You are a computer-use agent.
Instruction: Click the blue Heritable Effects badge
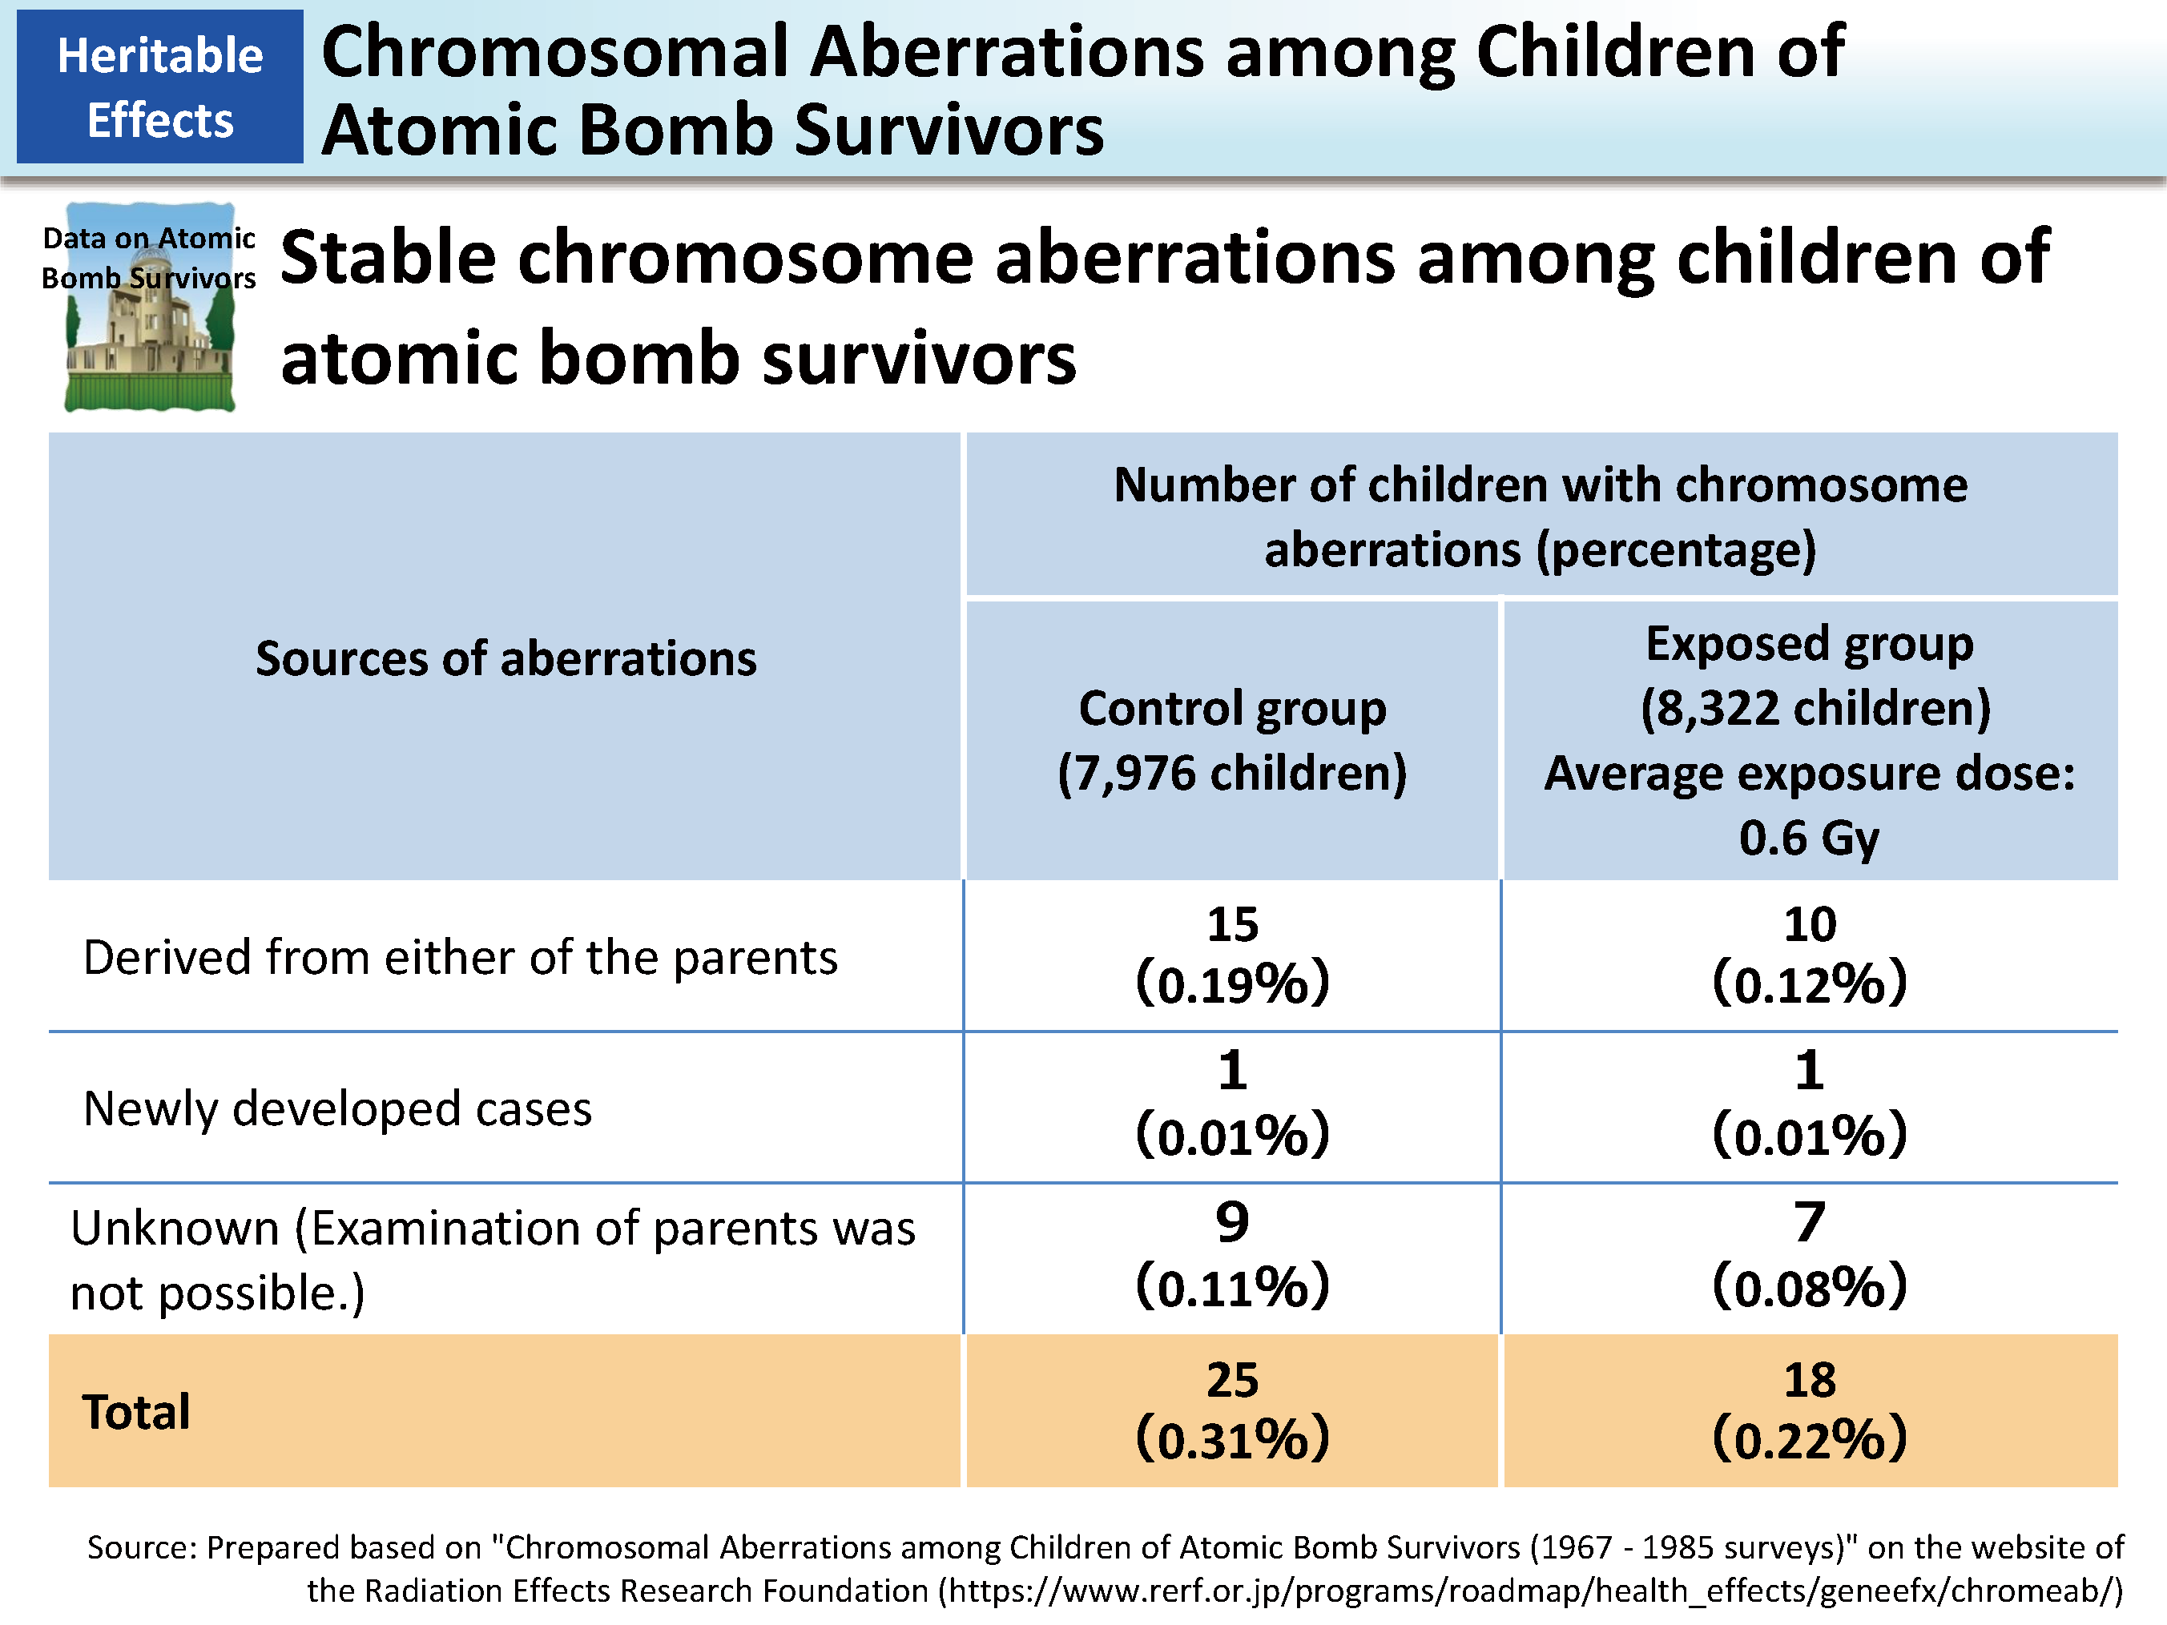(159, 86)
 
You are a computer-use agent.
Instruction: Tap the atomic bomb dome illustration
(149, 308)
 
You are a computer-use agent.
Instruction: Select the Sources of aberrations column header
(505, 658)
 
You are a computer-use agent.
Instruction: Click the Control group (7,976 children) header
(1232, 741)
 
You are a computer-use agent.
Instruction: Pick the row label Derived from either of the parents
(461, 957)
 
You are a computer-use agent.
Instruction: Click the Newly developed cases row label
(338, 1108)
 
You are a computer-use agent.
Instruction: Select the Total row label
(136, 1411)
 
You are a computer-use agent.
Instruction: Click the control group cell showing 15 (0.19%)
(1232, 954)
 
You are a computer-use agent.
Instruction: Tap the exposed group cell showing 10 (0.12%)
(1810, 954)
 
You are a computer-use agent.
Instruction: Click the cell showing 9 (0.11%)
(1232, 1257)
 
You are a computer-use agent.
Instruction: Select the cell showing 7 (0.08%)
(1810, 1257)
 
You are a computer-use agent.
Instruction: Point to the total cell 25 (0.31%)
(1232, 1410)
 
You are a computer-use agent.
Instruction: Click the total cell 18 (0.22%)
(1810, 1410)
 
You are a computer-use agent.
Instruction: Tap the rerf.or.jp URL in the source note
(1530, 1591)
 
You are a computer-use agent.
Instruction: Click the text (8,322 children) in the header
(1815, 708)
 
